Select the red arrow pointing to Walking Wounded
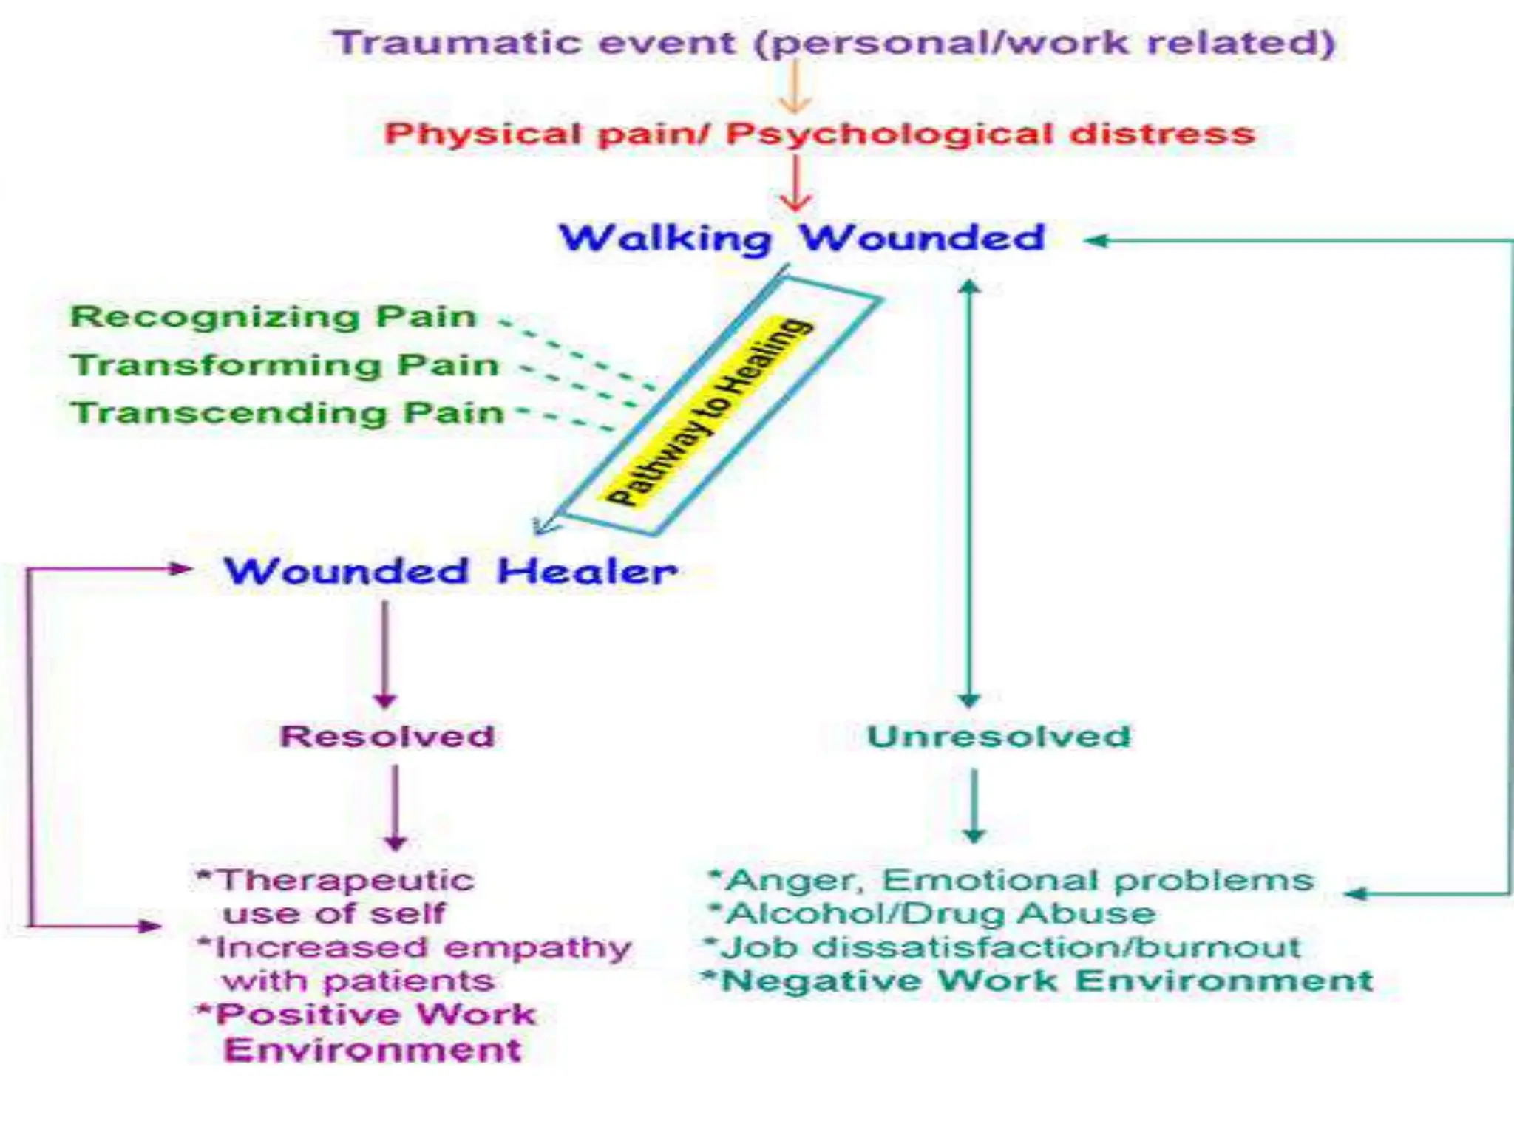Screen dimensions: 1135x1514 pos(795,185)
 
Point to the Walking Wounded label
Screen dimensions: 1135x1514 pos(801,239)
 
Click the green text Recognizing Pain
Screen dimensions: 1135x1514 pos(274,316)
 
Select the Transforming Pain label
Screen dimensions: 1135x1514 pos(285,365)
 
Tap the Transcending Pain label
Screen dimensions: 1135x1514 pos(287,412)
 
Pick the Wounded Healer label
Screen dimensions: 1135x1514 pos(451,571)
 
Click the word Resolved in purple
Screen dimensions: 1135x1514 pos(387,736)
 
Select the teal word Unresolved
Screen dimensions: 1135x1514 pos(998,736)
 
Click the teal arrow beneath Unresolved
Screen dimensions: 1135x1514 pos(974,805)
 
